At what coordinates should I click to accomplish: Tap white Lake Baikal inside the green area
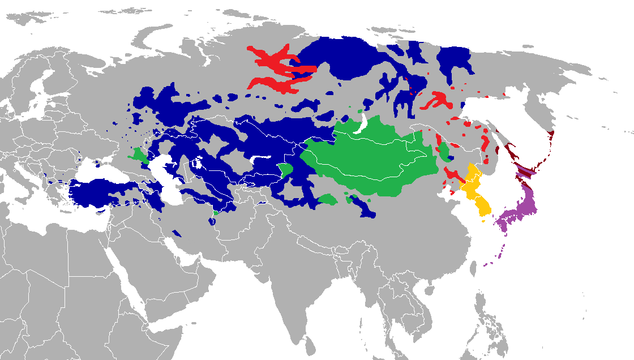point(360,125)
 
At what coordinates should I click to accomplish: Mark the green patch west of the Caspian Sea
point(138,155)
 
